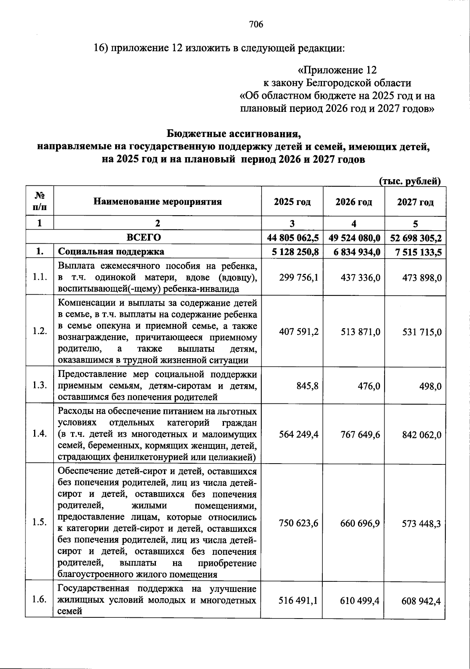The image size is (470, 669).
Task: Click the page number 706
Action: (x=256, y=25)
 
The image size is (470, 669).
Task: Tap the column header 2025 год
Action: (x=292, y=202)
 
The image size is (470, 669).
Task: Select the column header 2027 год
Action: (x=415, y=202)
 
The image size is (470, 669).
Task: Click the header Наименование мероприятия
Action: (x=157, y=202)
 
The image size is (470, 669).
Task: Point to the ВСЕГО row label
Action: (x=144, y=237)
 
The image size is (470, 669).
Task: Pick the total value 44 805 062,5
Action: (x=293, y=237)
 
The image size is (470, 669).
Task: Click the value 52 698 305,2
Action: (x=416, y=237)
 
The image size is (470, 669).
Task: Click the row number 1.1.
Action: (x=40, y=277)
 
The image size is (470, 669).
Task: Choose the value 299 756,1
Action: (x=298, y=277)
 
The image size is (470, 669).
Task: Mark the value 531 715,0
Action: (x=422, y=332)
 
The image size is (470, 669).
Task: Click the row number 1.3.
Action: (x=40, y=386)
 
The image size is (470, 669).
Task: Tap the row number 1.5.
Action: (x=40, y=523)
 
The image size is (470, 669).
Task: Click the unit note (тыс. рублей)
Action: (x=410, y=181)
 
